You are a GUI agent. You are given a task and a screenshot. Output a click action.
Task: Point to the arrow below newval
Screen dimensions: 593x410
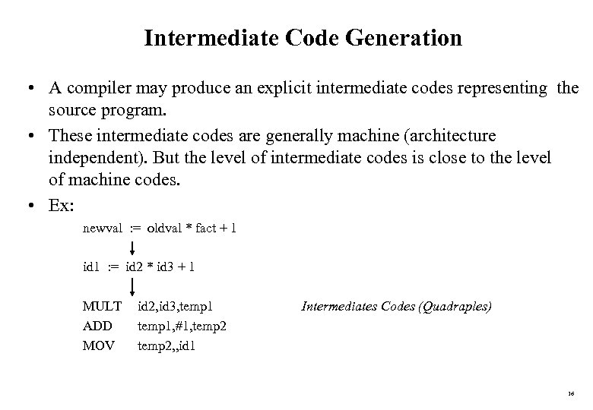pyautogui.click(x=134, y=248)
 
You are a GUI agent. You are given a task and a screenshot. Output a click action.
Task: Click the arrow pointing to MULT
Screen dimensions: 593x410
pyautogui.click(x=134, y=286)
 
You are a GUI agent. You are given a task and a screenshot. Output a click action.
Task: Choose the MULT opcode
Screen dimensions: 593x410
pyautogui.click(x=102, y=307)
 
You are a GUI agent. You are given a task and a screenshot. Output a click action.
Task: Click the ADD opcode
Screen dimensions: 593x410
pyautogui.click(x=97, y=326)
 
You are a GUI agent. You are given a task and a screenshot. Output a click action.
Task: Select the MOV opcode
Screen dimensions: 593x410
pyautogui.click(x=99, y=346)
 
